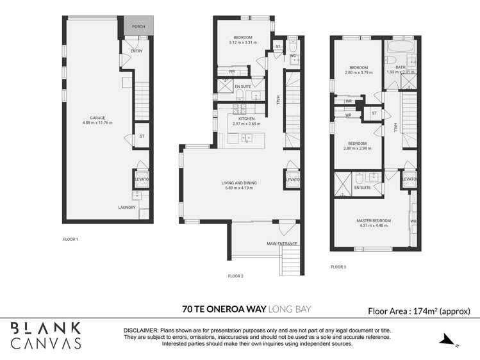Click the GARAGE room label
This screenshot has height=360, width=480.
[x=98, y=117]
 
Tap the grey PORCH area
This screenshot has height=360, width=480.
[x=137, y=26]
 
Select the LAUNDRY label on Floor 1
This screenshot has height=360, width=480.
[x=126, y=207]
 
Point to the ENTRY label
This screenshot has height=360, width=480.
[x=136, y=51]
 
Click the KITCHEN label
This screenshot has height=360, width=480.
[x=246, y=119]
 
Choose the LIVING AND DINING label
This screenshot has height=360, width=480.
[x=240, y=183]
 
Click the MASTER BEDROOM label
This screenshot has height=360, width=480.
[x=374, y=221]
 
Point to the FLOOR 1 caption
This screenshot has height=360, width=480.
[x=70, y=240]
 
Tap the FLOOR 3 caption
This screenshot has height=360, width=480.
[x=338, y=266]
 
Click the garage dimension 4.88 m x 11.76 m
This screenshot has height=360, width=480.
[x=97, y=122]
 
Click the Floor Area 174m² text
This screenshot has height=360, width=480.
[x=419, y=311]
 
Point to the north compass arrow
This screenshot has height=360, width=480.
[x=448, y=340]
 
